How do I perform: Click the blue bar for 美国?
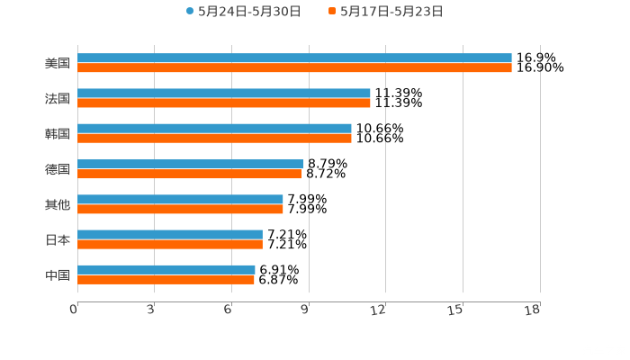[294, 58]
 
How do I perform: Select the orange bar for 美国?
[294, 67]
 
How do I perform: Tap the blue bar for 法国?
[224, 93]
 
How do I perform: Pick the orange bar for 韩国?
[214, 138]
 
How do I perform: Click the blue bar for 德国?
[191, 164]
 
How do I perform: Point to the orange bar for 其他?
[180, 209]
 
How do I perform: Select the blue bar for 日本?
[170, 234]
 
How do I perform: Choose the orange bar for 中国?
[166, 279]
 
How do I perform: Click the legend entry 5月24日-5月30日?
[243, 12]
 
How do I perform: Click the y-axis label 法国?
[57, 98]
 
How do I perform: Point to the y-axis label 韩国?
[57, 133]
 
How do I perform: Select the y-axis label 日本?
[57, 239]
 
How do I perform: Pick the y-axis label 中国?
[57, 274]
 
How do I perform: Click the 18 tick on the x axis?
[533, 310]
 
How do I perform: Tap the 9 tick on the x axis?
[305, 310]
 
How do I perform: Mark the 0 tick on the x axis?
[74, 310]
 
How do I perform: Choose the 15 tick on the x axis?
[456, 310]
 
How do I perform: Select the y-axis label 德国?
[57, 169]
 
